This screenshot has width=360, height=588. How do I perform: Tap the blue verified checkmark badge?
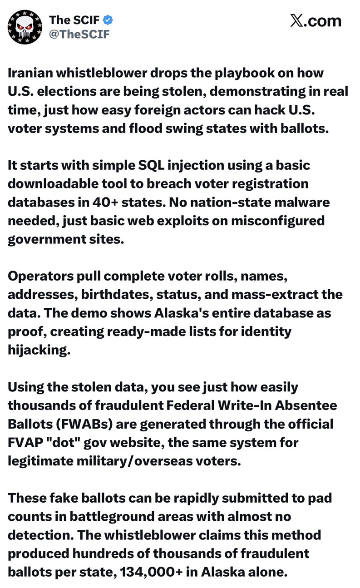[x=108, y=20]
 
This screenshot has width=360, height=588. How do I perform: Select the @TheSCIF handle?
[x=79, y=34]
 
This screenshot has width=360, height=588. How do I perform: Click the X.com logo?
[x=315, y=21]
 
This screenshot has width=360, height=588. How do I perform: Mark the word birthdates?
[x=117, y=295]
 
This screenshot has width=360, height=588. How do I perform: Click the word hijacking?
[x=39, y=350]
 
